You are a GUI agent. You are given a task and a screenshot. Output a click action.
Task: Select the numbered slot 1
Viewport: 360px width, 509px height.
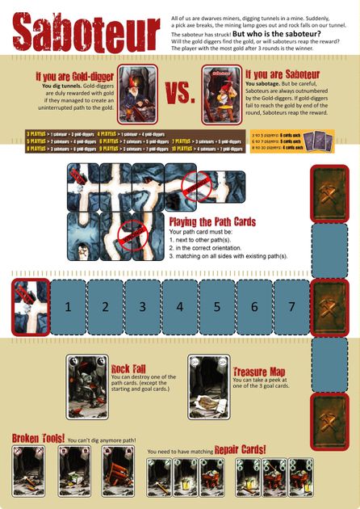pos(68,306)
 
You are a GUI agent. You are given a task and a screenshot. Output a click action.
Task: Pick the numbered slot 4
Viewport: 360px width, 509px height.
pos(179,306)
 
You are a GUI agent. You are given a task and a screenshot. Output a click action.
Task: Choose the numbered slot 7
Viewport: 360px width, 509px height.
pos(291,306)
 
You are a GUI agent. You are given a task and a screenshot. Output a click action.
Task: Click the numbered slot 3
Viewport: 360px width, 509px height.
pos(142,306)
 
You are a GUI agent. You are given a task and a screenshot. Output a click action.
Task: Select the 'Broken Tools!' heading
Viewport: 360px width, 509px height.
pos(38,438)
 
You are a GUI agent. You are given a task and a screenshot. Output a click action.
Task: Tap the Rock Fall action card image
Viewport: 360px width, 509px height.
pos(86,387)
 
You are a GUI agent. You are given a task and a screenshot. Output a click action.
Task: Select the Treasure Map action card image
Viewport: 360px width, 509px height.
pos(207,387)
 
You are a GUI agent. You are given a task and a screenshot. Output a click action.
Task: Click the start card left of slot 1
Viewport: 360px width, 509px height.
pos(28,306)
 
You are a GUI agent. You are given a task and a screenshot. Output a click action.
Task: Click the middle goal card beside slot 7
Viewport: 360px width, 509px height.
pos(330,306)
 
